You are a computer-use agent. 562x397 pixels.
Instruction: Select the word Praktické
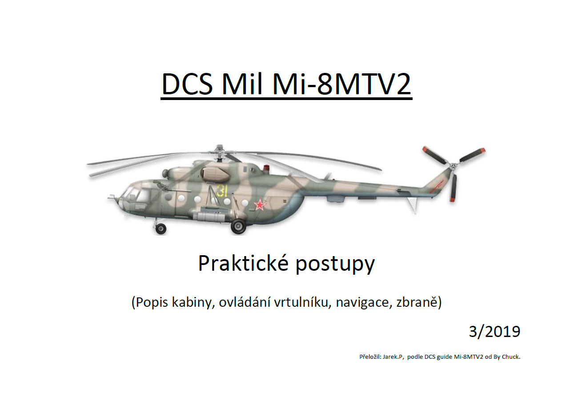point(243,263)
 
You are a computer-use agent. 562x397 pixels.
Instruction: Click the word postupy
point(335,265)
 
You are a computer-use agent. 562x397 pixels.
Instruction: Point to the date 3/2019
point(494,332)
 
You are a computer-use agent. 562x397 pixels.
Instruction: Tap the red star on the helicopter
point(260,205)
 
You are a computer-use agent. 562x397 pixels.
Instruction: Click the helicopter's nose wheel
point(161,229)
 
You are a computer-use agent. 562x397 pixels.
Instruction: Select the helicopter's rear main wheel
point(238,226)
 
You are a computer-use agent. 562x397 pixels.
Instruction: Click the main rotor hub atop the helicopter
point(220,153)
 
